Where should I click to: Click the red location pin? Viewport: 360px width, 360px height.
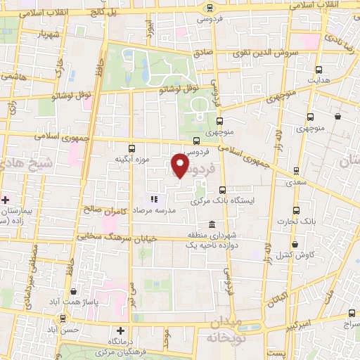(180, 166)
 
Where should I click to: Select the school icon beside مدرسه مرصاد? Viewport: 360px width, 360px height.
(154, 200)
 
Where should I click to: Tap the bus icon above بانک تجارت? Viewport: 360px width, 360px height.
(296, 210)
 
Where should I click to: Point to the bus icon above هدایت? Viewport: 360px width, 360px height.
(319, 70)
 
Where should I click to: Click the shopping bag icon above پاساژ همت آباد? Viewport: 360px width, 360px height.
(73, 291)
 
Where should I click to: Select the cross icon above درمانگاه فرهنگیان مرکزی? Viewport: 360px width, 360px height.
(120, 330)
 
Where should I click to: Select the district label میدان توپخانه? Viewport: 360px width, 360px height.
(225, 328)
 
